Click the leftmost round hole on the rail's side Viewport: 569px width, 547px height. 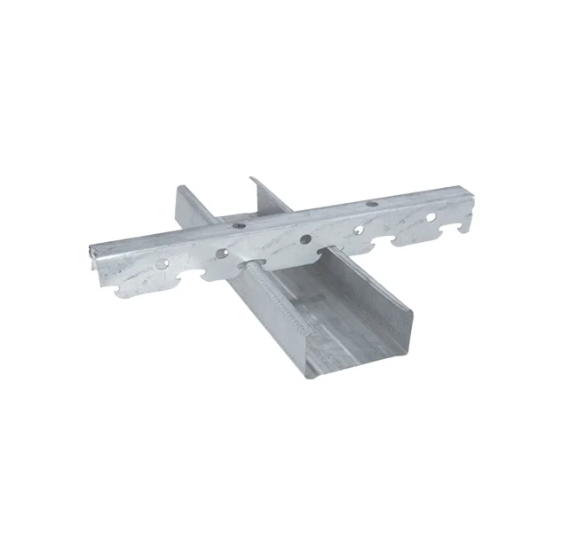coord(162,263)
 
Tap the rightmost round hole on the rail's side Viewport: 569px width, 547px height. coord(431,216)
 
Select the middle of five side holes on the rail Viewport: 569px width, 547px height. coord(305,239)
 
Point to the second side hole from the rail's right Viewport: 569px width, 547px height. coord(364,229)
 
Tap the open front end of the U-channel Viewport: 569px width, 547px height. coord(364,341)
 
